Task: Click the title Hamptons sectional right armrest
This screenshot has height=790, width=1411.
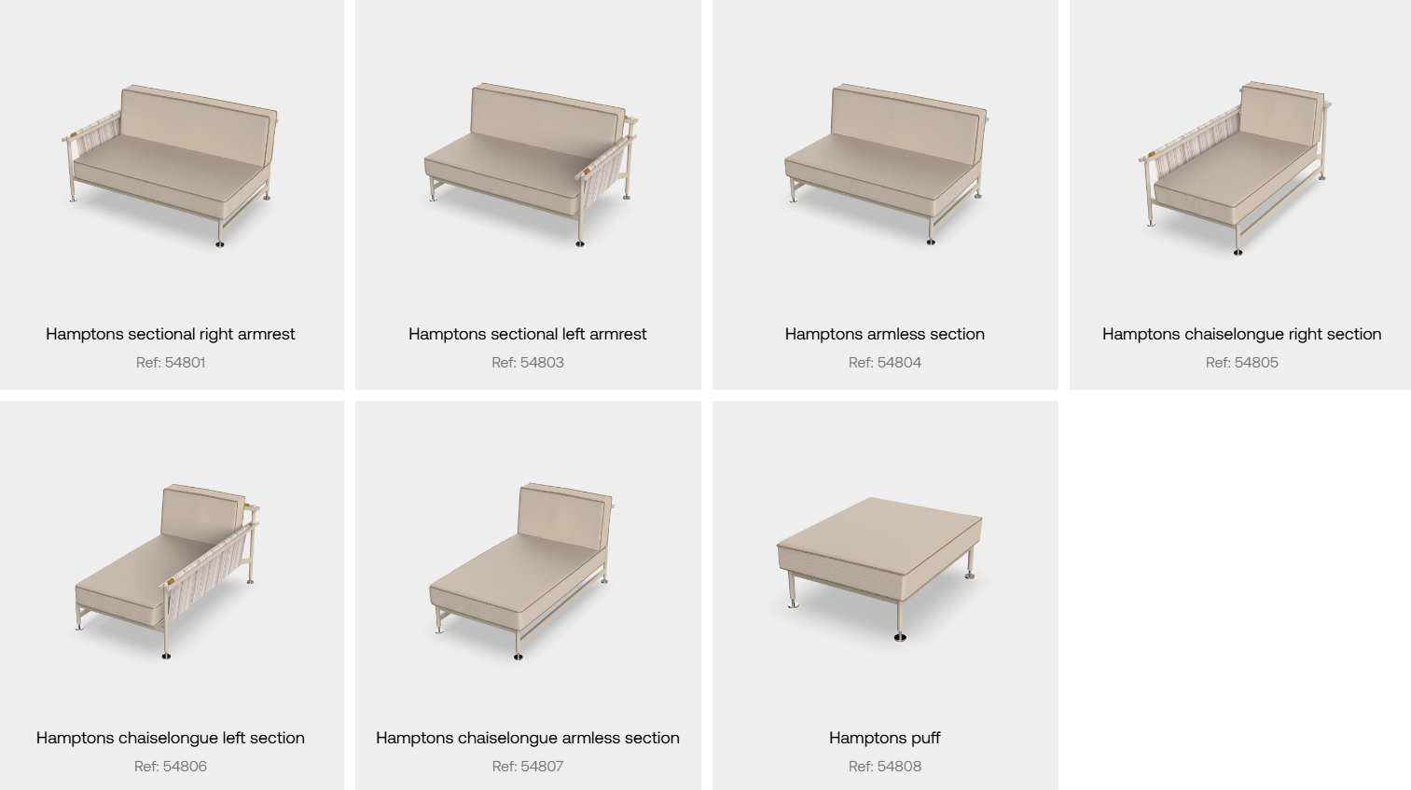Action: coord(170,334)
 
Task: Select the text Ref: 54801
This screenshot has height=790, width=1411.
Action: coord(171,362)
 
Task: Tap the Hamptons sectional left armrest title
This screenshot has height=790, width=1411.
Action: coord(528,334)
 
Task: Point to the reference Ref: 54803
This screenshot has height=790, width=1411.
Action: coord(528,362)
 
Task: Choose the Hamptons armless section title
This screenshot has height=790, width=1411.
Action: coord(885,334)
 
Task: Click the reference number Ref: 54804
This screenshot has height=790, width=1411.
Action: coord(885,362)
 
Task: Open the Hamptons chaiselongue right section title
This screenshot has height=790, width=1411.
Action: coord(1242,334)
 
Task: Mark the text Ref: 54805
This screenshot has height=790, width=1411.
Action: coord(1242,362)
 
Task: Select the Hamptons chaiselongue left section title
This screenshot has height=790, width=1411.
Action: coord(170,738)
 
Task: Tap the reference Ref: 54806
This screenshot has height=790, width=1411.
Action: coord(171,766)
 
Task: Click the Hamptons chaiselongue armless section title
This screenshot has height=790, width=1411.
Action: coord(528,738)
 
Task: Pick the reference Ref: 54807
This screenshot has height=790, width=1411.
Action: coord(528,766)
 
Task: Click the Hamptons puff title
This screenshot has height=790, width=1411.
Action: coord(885,738)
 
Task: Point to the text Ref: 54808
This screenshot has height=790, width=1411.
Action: coord(885,766)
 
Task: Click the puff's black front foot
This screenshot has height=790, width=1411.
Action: coord(900,638)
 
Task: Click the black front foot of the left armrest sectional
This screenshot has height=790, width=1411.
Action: coord(580,243)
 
